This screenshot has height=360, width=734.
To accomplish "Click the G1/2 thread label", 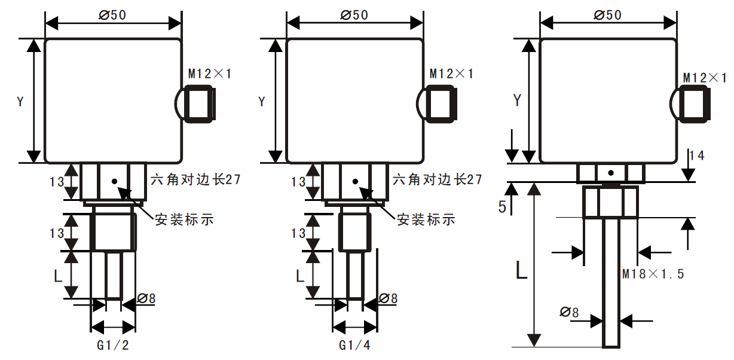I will pyautogui.click(x=113, y=345).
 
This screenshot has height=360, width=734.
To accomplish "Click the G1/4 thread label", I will pyautogui.click(x=354, y=345).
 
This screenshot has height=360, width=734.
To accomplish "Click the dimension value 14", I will pyautogui.click(x=696, y=155).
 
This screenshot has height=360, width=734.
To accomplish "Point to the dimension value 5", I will pyautogui.click(x=502, y=207).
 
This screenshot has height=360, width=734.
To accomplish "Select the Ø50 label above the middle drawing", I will pyautogui.click(x=354, y=15).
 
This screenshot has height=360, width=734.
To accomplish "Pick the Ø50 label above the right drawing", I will pyautogui.click(x=608, y=15).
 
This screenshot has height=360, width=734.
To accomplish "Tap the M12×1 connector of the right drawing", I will pyautogui.click(x=695, y=103).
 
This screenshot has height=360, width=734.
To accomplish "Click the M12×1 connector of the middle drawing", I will pyautogui.click(x=441, y=103).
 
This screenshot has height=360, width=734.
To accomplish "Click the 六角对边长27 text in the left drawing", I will pyautogui.click(x=195, y=179).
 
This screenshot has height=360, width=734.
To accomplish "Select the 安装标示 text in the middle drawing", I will pyautogui.click(x=426, y=219).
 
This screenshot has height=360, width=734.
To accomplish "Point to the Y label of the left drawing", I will pyautogui.click(x=20, y=102).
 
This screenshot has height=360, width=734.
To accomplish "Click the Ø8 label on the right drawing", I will pyautogui.click(x=570, y=312).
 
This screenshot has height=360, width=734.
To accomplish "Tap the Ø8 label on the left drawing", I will pyautogui.click(x=146, y=298).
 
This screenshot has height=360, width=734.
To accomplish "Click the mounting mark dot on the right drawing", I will pyautogui.click(x=610, y=173).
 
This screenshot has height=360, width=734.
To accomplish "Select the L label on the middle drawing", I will pyautogui.click(x=300, y=276).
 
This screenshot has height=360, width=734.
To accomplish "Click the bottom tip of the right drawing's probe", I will pyautogui.click(x=611, y=345).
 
